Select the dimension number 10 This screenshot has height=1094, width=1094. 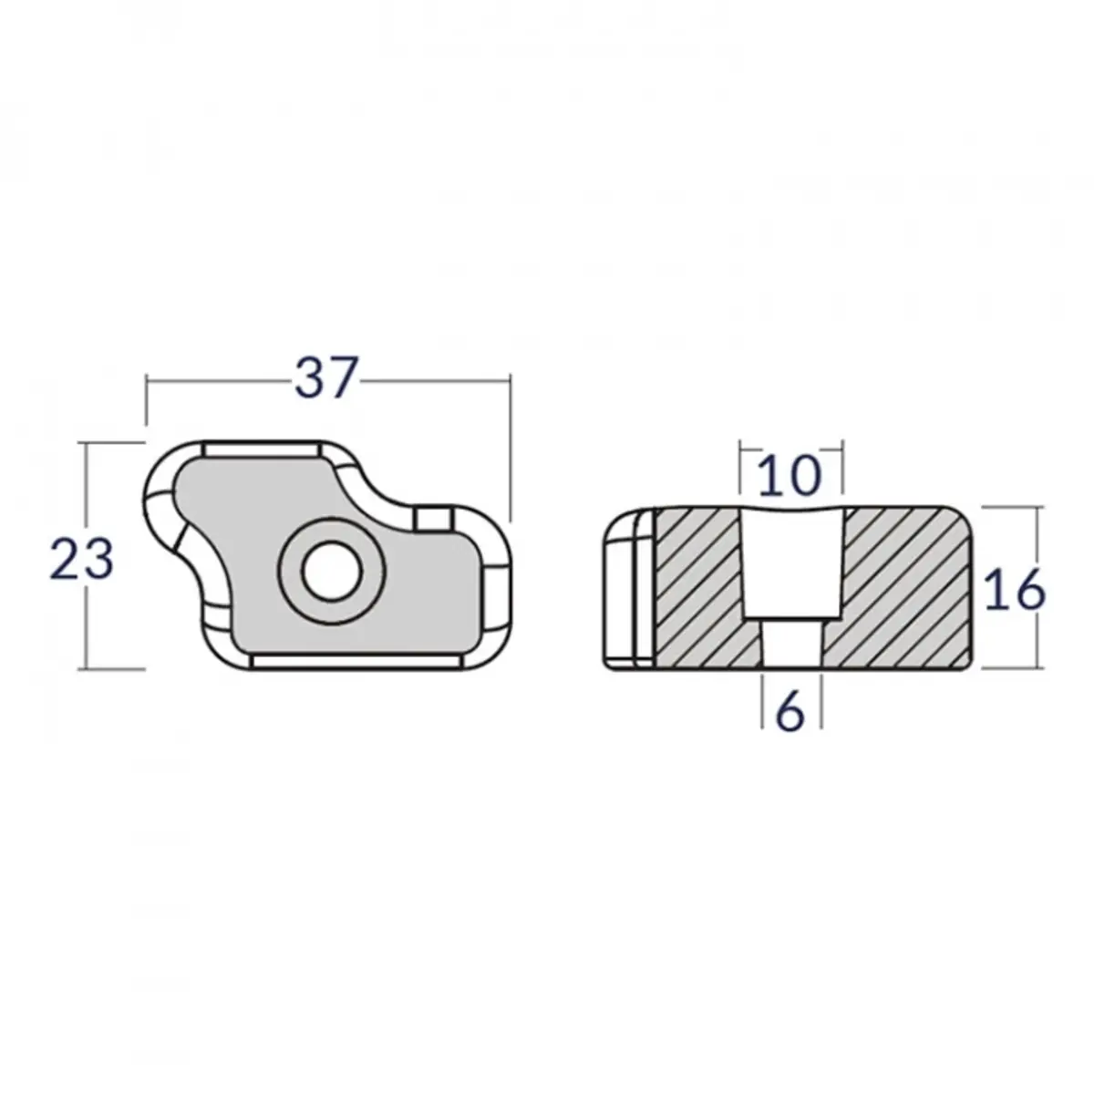pos(790,476)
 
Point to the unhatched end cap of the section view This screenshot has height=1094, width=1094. pos(628,589)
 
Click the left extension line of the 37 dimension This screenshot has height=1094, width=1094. pos(147,401)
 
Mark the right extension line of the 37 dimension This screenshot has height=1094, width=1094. pos(508,447)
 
